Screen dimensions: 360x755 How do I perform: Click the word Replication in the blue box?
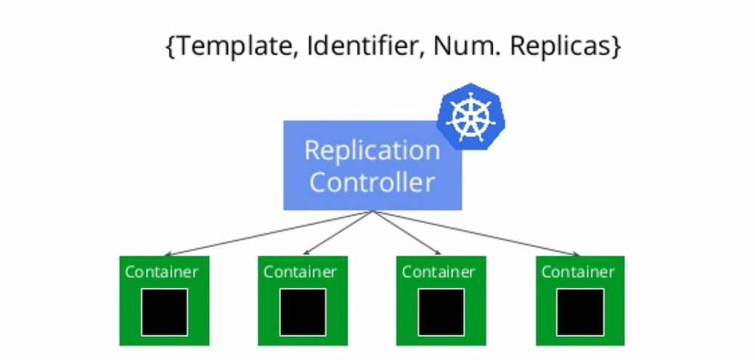click(372, 151)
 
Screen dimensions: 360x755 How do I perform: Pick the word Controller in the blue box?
click(372, 182)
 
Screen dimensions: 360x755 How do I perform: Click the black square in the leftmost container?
click(164, 312)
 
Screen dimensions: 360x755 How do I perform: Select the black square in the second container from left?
click(303, 312)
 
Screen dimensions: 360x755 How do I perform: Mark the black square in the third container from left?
click(441, 312)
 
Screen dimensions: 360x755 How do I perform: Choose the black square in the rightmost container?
click(580, 312)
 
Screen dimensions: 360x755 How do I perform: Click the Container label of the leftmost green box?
click(161, 272)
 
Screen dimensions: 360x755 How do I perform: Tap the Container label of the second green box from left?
click(300, 272)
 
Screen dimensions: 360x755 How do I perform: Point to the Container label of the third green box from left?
click(438, 272)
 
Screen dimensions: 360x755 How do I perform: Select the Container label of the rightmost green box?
click(578, 272)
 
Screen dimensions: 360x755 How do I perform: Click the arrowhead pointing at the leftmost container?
click(167, 254)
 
